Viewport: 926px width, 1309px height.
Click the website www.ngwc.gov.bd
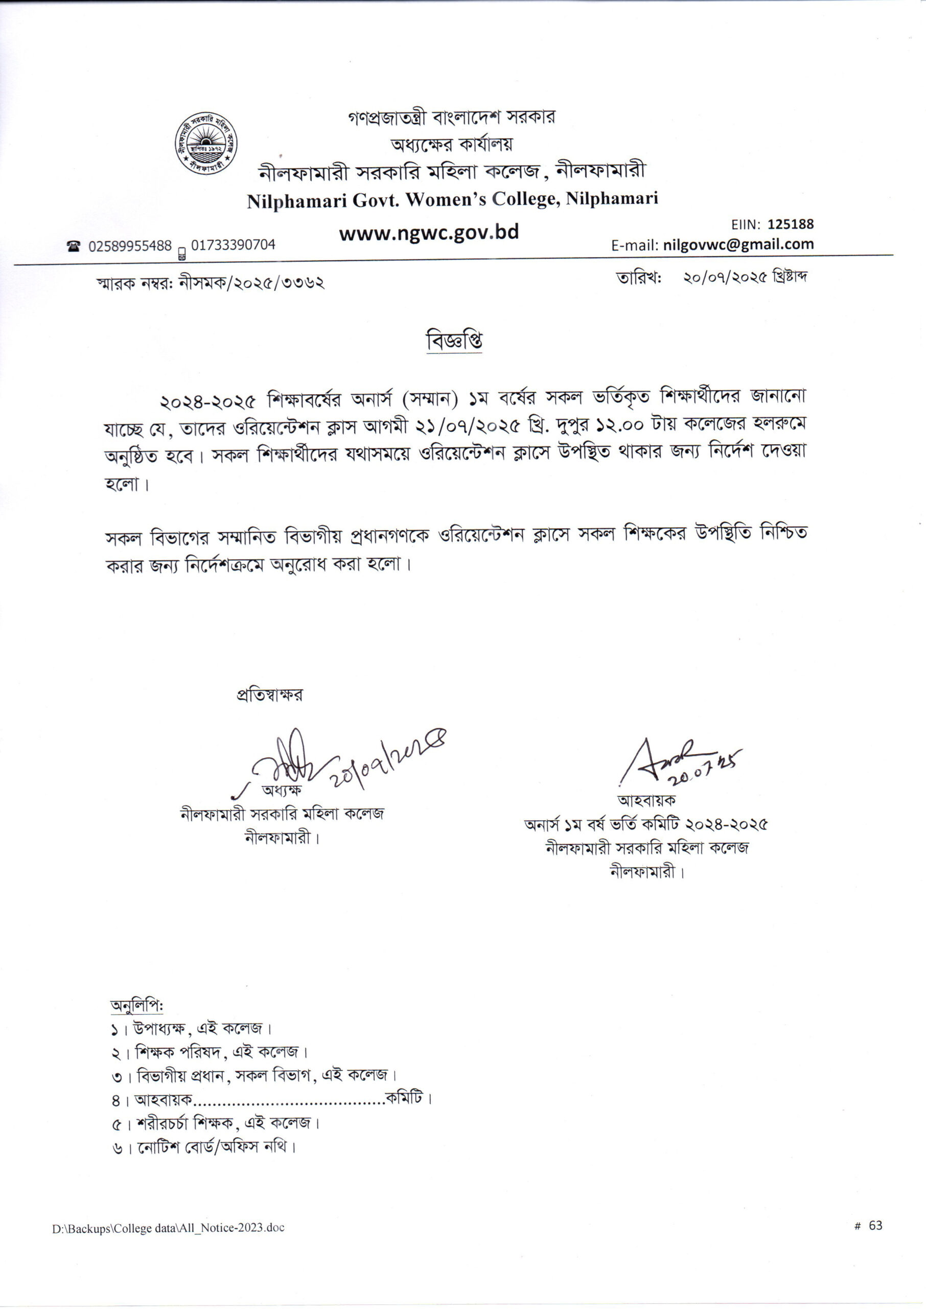(429, 233)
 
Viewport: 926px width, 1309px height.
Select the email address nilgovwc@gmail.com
(738, 244)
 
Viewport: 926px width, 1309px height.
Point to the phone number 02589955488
(130, 245)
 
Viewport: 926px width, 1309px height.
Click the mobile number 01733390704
(233, 245)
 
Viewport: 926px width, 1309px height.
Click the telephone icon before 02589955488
(73, 246)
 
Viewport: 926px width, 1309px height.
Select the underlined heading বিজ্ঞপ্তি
(454, 341)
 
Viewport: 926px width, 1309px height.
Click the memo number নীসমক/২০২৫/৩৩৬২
(251, 281)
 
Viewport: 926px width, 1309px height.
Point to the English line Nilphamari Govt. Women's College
(452, 199)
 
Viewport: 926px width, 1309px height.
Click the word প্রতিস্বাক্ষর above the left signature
(270, 694)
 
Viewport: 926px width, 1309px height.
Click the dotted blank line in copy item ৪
(290, 1098)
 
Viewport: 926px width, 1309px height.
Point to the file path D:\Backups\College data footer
(168, 1227)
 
